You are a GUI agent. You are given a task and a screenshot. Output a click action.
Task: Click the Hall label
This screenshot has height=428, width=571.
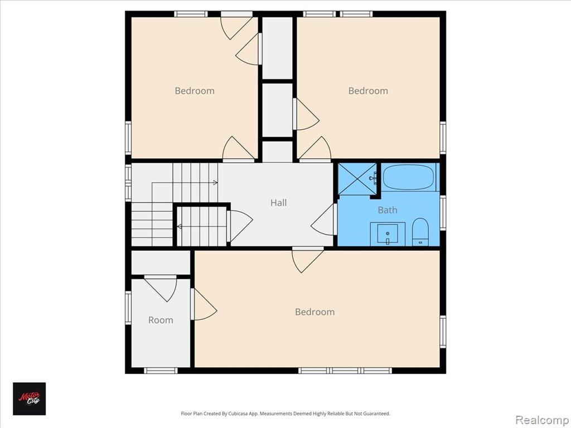pos(278,203)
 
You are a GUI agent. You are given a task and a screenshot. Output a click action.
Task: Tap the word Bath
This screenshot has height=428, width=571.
pos(387,210)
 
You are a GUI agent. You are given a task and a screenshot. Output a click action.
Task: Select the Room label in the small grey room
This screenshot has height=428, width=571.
pos(161,320)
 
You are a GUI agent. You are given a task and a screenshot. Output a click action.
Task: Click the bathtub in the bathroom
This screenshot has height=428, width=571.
pos(409,177)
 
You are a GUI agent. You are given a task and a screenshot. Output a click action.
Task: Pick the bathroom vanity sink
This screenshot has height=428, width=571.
pos(388,234)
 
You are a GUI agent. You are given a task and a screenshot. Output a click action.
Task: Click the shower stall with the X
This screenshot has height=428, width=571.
pos(357,179)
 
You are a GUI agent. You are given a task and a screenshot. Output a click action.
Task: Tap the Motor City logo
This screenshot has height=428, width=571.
pos(30,398)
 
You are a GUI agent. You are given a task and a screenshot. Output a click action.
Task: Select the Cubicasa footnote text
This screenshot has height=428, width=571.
pos(285,414)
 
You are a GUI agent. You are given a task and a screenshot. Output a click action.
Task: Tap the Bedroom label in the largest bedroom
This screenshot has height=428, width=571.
pos(314,312)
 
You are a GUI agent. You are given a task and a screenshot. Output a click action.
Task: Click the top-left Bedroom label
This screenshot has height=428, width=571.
pos(195,91)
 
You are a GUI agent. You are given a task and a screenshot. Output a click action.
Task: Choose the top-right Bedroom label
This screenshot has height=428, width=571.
pos(368,91)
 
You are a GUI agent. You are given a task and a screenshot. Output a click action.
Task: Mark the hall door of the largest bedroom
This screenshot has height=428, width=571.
pos(307,260)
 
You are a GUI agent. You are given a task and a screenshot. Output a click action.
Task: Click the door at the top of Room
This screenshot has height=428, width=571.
pos(161,289)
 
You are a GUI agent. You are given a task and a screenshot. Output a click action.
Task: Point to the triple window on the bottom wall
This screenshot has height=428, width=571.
pos(345,371)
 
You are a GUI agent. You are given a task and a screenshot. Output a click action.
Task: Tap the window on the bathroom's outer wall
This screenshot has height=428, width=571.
pos(443,213)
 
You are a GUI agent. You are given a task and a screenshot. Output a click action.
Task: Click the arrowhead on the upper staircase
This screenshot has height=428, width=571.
pos(216,183)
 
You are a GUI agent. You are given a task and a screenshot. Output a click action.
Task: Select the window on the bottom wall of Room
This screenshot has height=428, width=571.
pos(161,371)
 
